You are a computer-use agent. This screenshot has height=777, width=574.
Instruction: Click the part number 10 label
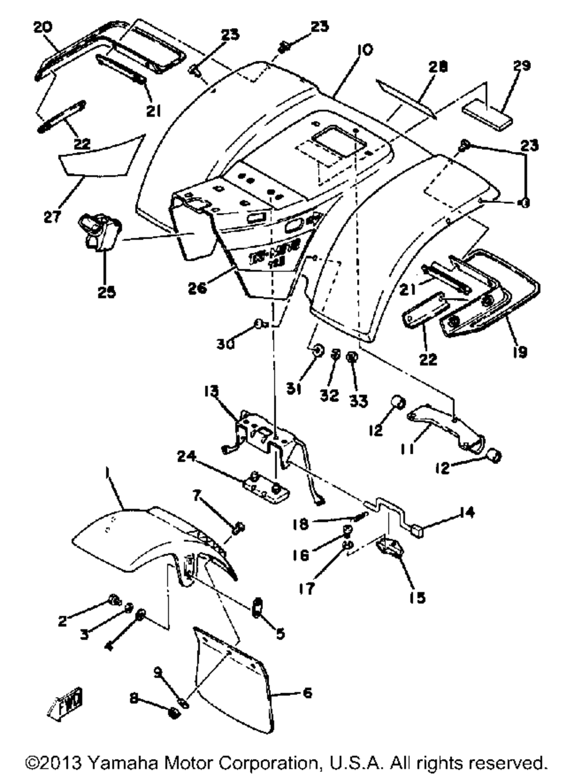[x=363, y=50]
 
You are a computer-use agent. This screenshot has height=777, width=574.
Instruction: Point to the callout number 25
[x=106, y=292]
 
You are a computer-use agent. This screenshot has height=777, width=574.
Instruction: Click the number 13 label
[x=211, y=392]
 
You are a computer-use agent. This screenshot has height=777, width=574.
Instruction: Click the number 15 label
[x=417, y=598]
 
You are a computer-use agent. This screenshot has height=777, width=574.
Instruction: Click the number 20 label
[x=42, y=27]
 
